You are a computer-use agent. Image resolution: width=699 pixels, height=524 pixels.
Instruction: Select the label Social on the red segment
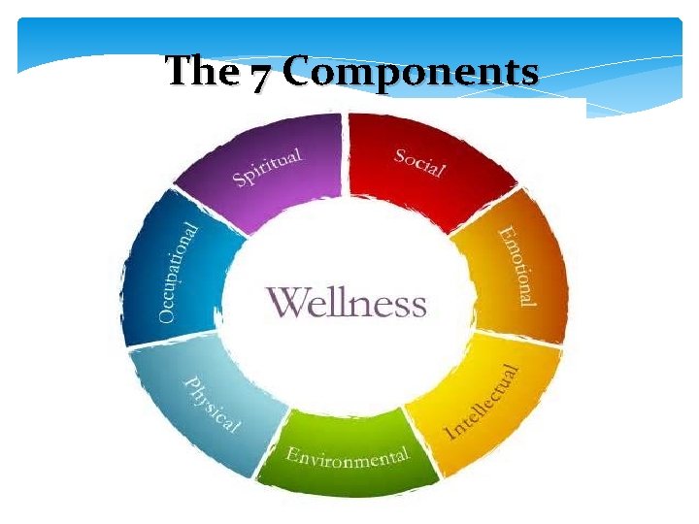pyautogui.click(x=419, y=162)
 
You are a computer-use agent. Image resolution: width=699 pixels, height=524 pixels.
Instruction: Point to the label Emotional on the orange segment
pyautogui.click(x=516, y=266)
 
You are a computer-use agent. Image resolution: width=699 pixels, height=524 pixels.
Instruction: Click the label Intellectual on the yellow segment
pyautogui.click(x=482, y=401)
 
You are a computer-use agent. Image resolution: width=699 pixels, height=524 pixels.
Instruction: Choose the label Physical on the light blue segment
pyautogui.click(x=213, y=404)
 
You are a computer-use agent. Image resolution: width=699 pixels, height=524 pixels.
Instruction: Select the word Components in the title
pyautogui.click(x=412, y=73)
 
